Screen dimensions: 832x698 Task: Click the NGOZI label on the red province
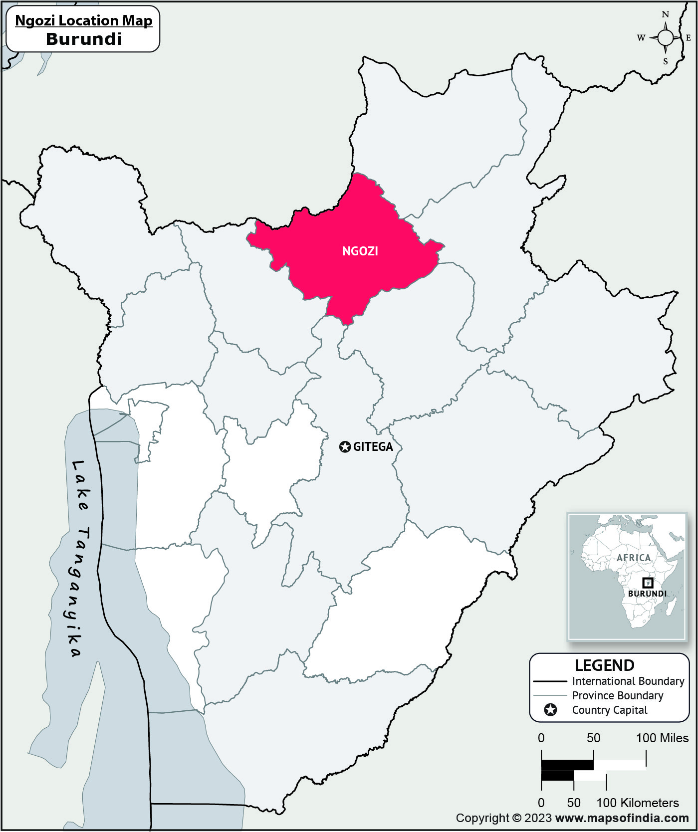pos(360,251)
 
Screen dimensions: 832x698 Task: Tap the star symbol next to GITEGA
pos(345,447)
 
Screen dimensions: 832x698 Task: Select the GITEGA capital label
pos(373,447)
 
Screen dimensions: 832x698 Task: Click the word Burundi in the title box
pos(84,39)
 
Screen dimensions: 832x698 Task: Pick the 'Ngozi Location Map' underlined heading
pos(84,20)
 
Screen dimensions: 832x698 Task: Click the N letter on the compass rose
pos(665,14)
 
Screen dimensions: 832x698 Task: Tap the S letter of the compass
pos(665,62)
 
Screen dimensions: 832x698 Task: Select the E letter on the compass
pos(688,38)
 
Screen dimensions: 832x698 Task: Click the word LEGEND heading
pos(604,665)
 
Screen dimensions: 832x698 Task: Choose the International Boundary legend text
pos(628,681)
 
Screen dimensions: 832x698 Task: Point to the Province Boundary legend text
pos(617,695)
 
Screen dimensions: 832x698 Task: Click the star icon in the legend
pos(550,710)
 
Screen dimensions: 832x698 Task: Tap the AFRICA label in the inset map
pos(634,558)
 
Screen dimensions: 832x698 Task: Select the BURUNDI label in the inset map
pos(647,594)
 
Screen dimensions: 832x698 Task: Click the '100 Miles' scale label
pos(662,738)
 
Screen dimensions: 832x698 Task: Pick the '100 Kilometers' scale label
pos(638,803)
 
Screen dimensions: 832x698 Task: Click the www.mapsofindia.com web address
pos(622,818)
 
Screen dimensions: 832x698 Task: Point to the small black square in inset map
pos(647,583)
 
